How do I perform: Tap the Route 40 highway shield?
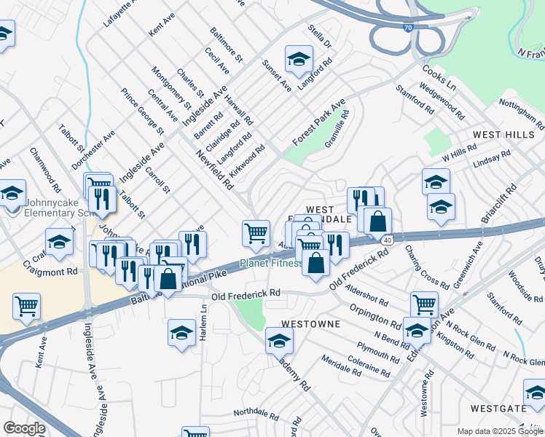coord(387,240)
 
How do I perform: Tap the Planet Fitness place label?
coord(272,263)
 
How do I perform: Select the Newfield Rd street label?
coord(215,169)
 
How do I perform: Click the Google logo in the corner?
coord(24,428)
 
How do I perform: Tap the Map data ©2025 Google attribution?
coord(500,431)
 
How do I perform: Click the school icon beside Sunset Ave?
coord(299,61)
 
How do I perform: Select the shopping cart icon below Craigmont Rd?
coord(27,307)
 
